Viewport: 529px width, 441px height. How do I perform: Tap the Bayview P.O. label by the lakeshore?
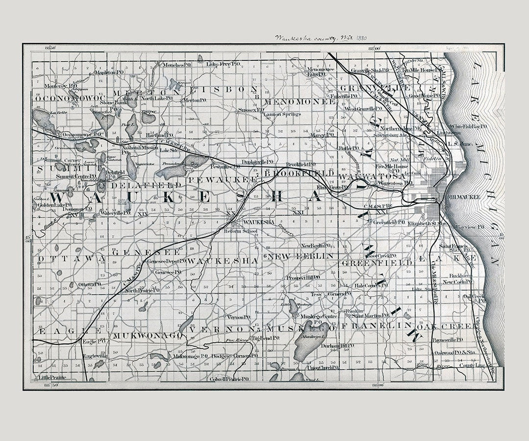[469, 227]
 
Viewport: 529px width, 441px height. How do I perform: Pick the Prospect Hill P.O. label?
[303, 277]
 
